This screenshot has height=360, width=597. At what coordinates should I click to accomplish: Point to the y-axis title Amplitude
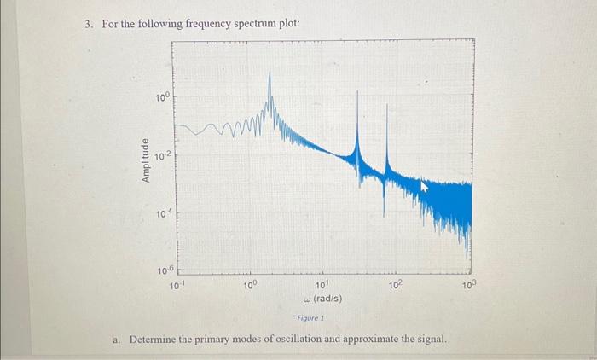pyautogui.click(x=146, y=158)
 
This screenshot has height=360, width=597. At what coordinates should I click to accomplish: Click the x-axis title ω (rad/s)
pyautogui.click(x=322, y=299)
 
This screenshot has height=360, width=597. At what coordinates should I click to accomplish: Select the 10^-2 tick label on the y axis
pyautogui.click(x=162, y=156)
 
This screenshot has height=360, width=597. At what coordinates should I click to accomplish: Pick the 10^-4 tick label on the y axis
pyautogui.click(x=162, y=213)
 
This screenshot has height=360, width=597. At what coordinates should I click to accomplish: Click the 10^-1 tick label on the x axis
pyautogui.click(x=176, y=284)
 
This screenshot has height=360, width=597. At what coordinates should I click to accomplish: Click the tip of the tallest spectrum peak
pyautogui.click(x=270, y=72)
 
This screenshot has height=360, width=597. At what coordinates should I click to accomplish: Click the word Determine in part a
pyautogui.click(x=156, y=340)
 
